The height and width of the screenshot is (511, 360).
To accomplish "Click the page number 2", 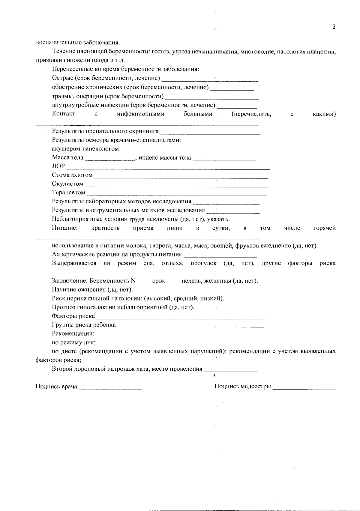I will tap(334, 27).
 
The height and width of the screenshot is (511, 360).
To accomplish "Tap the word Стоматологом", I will tap(72, 175).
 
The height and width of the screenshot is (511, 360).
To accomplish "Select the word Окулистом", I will tap(67, 184).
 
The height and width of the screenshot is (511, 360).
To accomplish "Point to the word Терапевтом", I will tap(68, 192).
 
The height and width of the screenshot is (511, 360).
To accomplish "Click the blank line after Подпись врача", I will tap(110, 389).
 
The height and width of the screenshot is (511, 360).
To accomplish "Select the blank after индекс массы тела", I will tap(224, 160).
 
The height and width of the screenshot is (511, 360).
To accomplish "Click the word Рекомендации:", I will tap(73, 333).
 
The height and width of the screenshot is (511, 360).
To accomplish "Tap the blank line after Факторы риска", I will tap(181, 318).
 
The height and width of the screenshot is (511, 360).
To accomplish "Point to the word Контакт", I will tap(64, 114).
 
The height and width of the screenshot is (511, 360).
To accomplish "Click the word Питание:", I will tap(65, 228).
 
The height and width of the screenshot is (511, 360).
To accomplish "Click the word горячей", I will tap(324, 228).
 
